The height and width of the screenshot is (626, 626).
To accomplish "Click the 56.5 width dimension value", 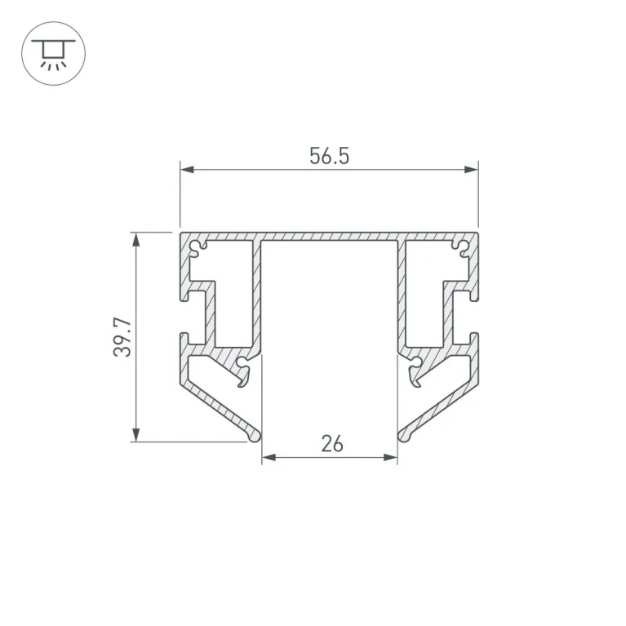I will point(329,156).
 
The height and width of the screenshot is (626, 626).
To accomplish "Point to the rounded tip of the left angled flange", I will point(256,436).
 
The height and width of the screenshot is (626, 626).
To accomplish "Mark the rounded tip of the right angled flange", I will point(402,436).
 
